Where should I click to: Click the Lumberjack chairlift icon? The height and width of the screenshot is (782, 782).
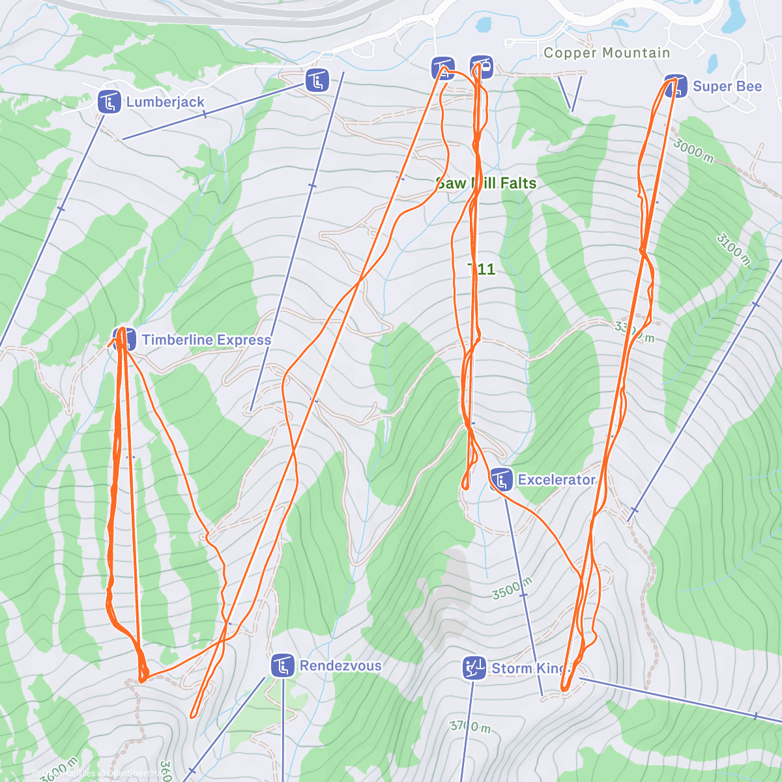(109, 102)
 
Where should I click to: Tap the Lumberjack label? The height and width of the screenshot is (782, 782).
(166, 102)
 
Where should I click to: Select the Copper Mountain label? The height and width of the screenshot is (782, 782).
(606, 53)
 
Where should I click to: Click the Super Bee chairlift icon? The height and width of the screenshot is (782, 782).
(676, 86)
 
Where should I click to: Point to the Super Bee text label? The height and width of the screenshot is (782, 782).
(727, 86)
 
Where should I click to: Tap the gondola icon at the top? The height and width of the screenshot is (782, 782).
(481, 66)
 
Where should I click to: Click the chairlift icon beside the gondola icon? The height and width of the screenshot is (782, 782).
(442, 68)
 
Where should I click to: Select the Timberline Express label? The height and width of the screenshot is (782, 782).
(206, 340)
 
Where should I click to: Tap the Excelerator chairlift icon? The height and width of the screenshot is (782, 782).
(500, 480)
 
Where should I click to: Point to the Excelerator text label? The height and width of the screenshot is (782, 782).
(557, 480)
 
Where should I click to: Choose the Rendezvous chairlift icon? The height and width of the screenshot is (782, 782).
(283, 665)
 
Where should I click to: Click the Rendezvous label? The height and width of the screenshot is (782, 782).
(340, 665)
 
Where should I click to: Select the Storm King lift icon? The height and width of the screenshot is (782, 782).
(474, 668)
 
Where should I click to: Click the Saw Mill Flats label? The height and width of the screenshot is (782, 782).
(486, 183)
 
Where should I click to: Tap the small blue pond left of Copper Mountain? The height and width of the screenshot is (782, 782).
(483, 25)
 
